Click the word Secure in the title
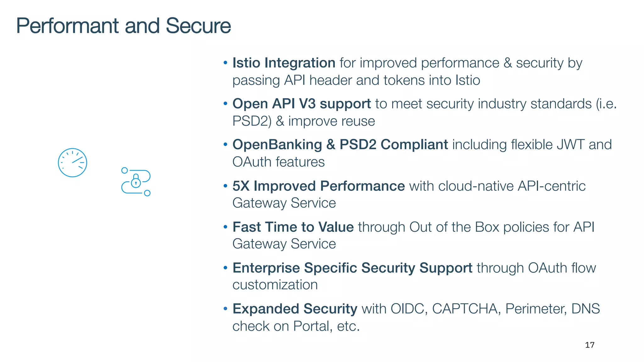(x=198, y=26)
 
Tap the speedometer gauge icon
(x=72, y=162)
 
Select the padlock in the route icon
(x=136, y=181)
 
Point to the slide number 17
(x=590, y=345)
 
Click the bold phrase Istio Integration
(x=284, y=63)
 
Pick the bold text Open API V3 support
(x=302, y=104)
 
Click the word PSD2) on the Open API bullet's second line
(x=252, y=121)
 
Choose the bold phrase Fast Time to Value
(x=293, y=227)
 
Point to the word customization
(x=275, y=285)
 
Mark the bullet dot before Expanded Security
(x=225, y=309)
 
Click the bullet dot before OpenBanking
(x=225, y=145)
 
